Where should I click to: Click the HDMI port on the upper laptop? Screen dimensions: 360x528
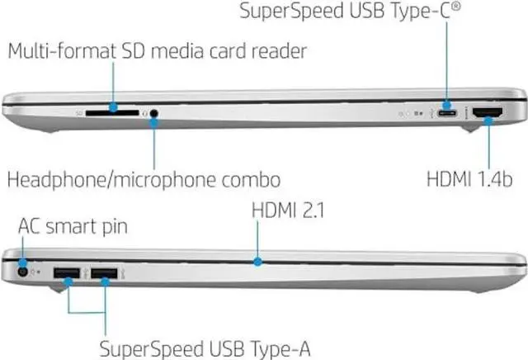point(483,113)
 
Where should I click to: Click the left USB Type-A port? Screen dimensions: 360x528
point(65,272)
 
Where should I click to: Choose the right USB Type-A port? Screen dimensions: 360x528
point(103,272)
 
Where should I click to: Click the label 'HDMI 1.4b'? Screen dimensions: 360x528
point(472,178)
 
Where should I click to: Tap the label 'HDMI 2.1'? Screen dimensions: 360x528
point(288,212)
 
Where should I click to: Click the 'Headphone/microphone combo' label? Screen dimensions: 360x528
point(143,178)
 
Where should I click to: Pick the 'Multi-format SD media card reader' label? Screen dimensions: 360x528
point(157,51)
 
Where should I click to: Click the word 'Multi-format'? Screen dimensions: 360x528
point(53,51)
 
